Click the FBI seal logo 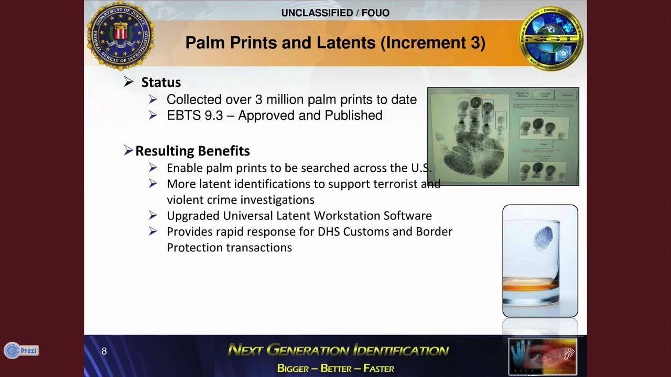[121, 36]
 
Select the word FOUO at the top [375, 13]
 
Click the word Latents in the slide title [345, 42]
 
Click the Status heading [161, 82]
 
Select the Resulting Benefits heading [192, 151]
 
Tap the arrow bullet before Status [128, 82]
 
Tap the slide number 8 [104, 351]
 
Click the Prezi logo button [21, 350]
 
